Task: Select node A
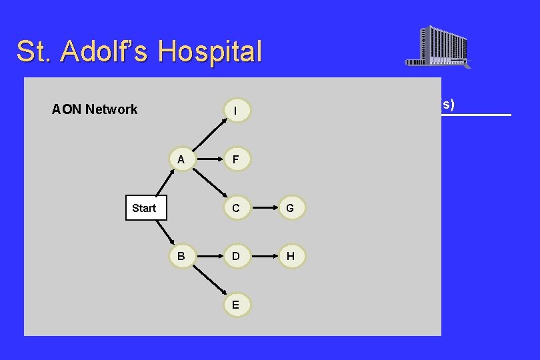[181, 160]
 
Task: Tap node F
[236, 160]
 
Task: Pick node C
[236, 208]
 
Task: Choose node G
[290, 208]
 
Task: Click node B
[181, 257]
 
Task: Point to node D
[236, 257]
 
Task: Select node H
[290, 257]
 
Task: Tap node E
[236, 304]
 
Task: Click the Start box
[144, 208]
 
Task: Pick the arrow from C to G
[263, 208]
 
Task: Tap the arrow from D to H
[263, 257]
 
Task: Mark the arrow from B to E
[208, 281]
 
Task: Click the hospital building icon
[438, 47]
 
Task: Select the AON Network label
[95, 109]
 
